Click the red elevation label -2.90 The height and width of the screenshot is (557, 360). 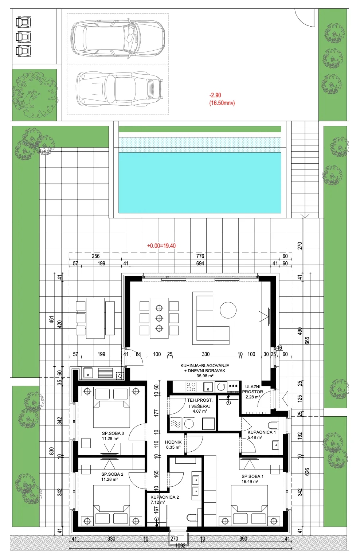point(215,95)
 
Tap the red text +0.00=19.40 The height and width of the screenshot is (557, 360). point(161,246)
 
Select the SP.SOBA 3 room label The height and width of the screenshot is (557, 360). point(113,433)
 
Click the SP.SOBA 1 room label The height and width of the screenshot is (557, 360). point(253,476)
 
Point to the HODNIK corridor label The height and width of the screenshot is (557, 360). point(173,442)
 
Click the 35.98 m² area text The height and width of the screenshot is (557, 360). point(205,376)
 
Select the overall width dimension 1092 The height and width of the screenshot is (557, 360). point(180,546)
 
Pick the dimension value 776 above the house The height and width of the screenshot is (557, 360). point(200,256)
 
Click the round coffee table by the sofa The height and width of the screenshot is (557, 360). point(228,310)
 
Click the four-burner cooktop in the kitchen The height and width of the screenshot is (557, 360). point(191,387)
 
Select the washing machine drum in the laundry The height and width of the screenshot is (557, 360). point(189,424)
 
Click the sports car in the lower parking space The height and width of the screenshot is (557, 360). point(120,90)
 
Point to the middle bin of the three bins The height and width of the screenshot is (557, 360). point(23,37)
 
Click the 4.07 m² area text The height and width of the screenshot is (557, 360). point(200,411)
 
